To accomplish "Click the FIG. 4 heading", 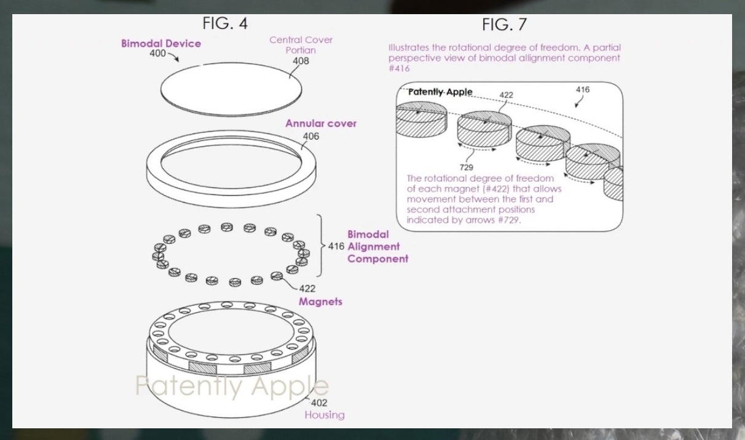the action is point(225,23).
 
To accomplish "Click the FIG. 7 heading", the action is point(504,25).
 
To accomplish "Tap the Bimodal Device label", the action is point(161,44).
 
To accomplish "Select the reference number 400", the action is point(158,54).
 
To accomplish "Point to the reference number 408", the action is point(301,61).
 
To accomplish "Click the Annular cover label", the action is point(321,124).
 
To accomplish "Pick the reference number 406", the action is point(311,136).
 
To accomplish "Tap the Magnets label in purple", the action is point(320,302).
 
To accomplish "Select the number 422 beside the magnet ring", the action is point(307,288).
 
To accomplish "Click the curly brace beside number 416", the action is point(320,246).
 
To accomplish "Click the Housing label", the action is point(325,415).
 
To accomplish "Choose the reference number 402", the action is point(318,403).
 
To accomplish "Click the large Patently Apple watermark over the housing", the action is point(231,386).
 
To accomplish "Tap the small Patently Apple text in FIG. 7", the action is point(440,92).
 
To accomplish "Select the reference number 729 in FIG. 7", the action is point(466,167).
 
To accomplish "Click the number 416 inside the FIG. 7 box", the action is point(582,90).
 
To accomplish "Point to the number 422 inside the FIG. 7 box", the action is point(506,95).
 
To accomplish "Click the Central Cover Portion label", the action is point(301,45).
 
